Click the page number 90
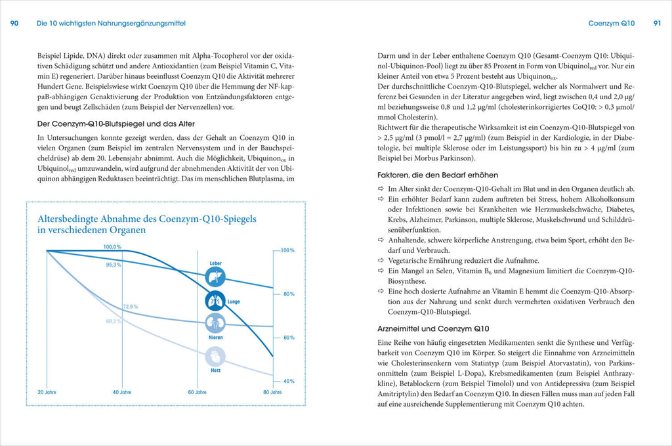[x=14, y=23]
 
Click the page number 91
[x=657, y=23]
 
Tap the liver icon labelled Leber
[x=215, y=277]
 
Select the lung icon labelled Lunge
[x=215, y=301]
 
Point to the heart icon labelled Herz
[x=215, y=357]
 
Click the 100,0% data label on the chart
[x=112, y=246]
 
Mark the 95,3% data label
[x=114, y=265]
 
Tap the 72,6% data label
[x=130, y=307]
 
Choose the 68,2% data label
[x=114, y=321]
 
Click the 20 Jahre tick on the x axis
[x=47, y=392]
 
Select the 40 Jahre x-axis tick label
[x=121, y=392]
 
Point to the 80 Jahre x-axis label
[x=272, y=392]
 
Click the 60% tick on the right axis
[x=288, y=338]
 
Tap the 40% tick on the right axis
[x=288, y=381]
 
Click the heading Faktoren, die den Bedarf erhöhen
[x=437, y=175]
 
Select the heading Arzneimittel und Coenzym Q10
[x=432, y=328]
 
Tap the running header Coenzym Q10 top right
[x=612, y=23]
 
